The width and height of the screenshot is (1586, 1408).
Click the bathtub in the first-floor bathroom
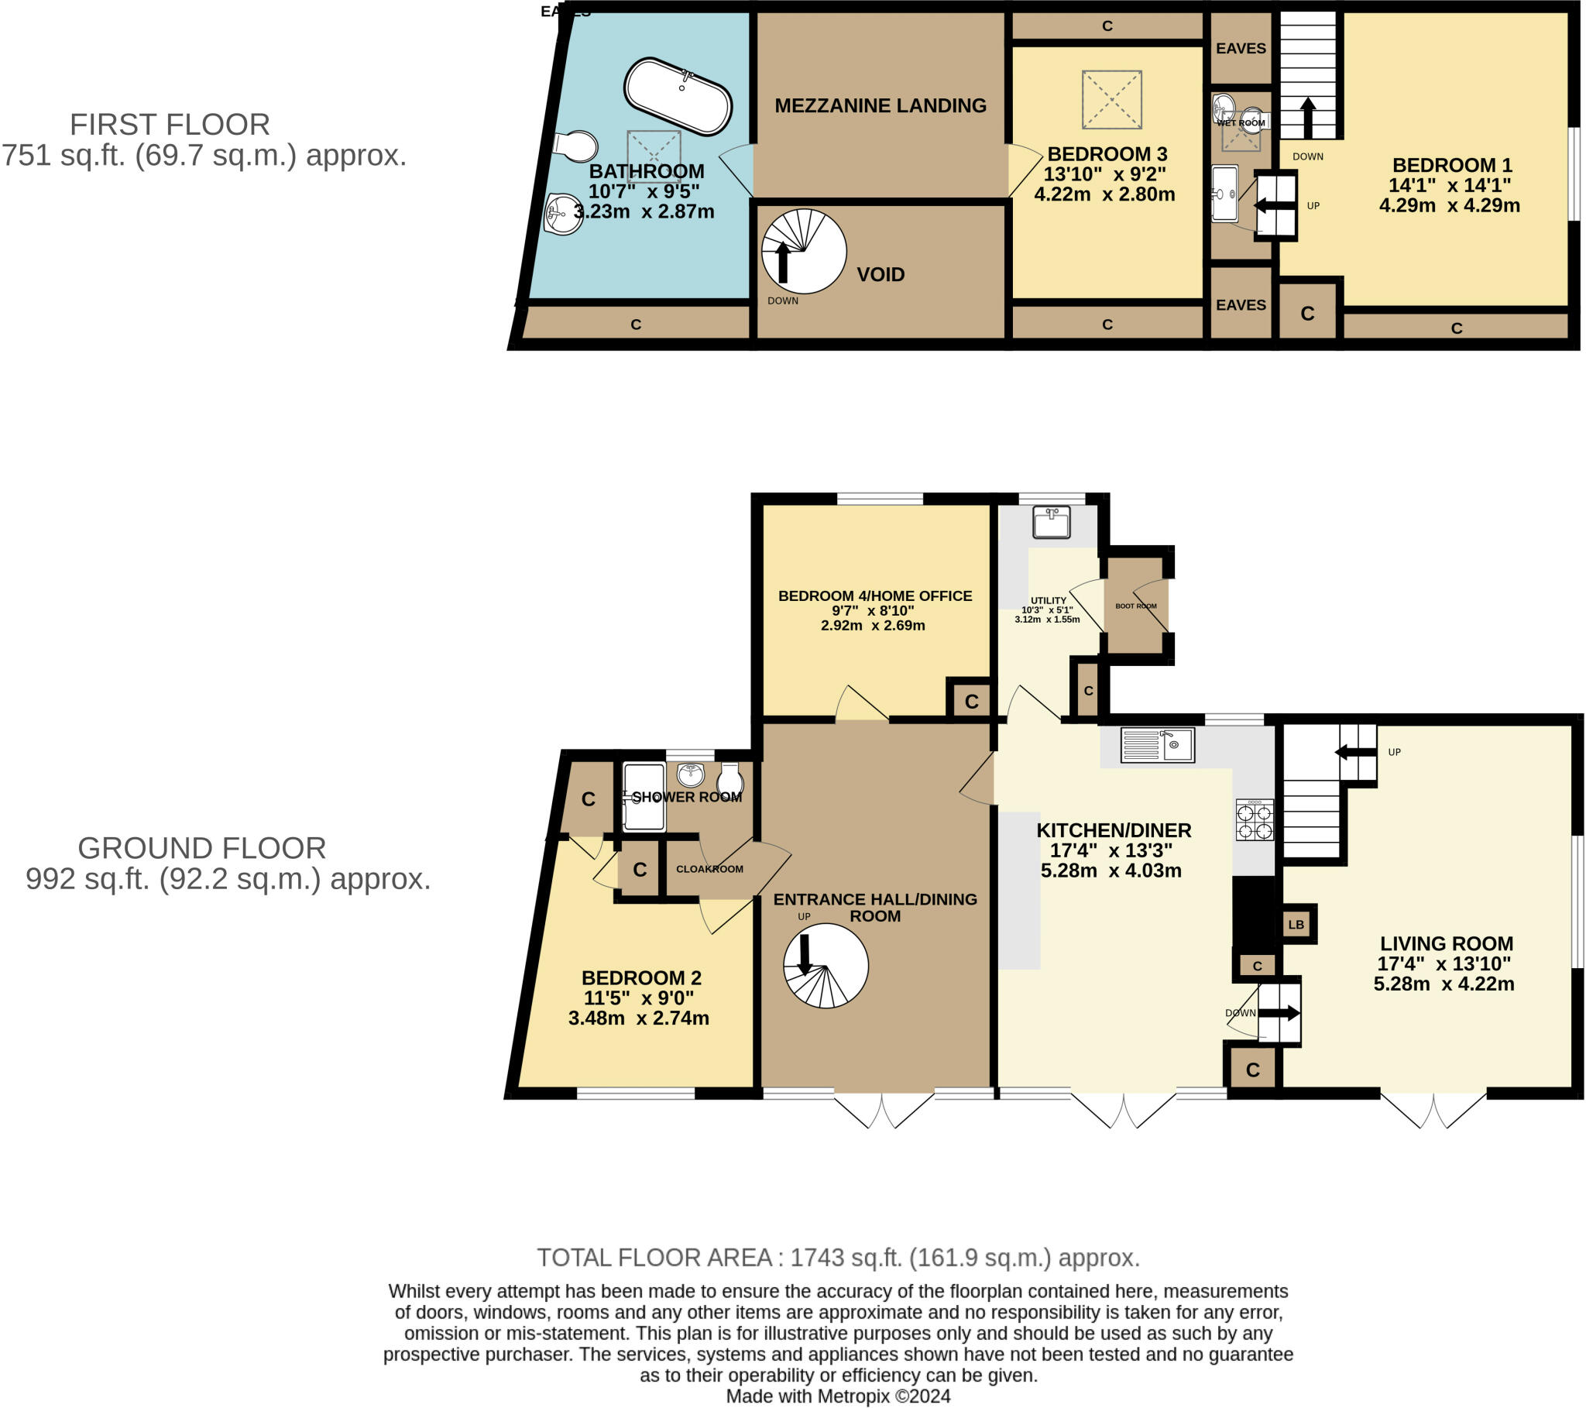(x=677, y=96)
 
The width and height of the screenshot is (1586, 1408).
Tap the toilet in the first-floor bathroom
(x=575, y=146)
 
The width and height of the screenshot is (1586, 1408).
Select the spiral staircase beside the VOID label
(x=803, y=251)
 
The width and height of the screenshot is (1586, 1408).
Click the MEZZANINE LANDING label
(x=880, y=105)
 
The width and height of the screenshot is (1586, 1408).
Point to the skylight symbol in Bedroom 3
(x=1111, y=99)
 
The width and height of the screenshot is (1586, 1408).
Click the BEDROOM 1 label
(x=1451, y=165)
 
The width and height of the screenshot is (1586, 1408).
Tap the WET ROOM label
(x=1241, y=122)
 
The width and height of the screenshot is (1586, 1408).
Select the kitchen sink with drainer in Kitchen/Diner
(x=1157, y=745)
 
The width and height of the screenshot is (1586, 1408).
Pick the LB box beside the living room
(x=1296, y=925)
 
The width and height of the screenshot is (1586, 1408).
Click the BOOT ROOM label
(x=1135, y=606)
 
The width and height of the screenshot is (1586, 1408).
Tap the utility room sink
(x=1052, y=521)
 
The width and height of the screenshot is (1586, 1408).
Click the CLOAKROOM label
(x=709, y=868)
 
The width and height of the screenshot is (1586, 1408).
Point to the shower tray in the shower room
(x=644, y=797)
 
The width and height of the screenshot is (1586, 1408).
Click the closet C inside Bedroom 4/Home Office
(x=970, y=702)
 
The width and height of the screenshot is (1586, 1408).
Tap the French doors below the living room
(x=1433, y=1109)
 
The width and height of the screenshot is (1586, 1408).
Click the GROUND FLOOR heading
(x=202, y=848)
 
